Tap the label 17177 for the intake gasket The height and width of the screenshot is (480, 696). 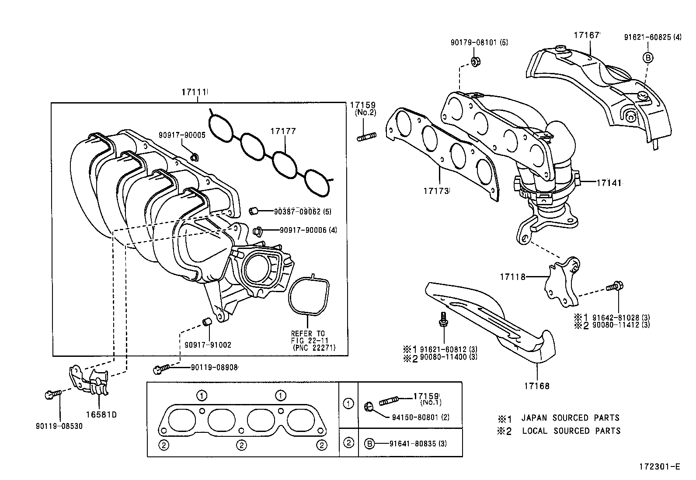[283, 131]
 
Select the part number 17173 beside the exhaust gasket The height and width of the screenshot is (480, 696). [436, 191]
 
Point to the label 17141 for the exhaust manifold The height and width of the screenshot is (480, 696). [609, 183]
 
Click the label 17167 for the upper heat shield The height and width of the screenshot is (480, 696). [587, 35]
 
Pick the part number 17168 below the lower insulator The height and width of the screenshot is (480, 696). [536, 386]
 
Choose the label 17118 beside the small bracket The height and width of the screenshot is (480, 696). [513, 276]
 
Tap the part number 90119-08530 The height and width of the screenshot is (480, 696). [59, 426]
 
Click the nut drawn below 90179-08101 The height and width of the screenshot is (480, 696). [476, 61]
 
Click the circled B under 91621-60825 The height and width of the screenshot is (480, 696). [648, 57]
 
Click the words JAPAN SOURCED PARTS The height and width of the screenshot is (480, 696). [570, 418]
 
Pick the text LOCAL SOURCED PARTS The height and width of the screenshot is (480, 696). [571, 431]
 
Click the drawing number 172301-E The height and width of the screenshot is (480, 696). [661, 467]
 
